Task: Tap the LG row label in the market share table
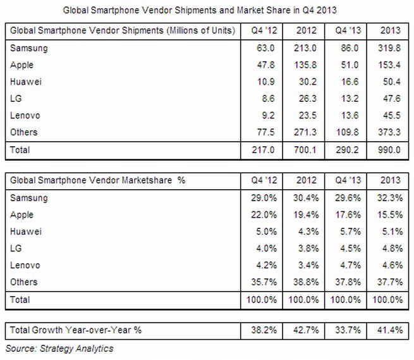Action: (x=17, y=248)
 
